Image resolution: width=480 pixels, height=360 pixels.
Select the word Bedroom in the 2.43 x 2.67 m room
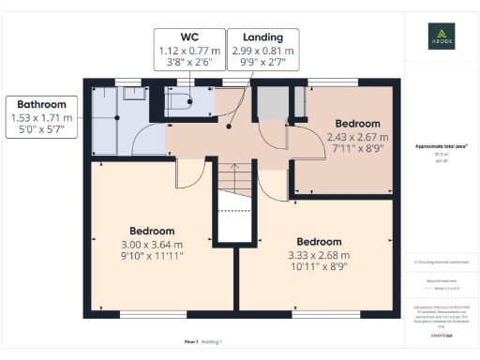point(358,124)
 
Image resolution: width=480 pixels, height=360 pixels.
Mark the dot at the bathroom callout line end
point(114,117)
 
